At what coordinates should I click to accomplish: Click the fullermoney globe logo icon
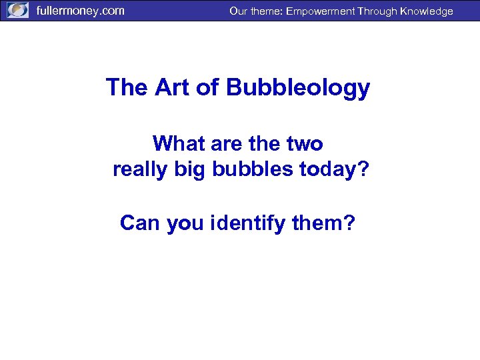[18, 11]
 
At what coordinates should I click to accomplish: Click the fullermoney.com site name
[80, 11]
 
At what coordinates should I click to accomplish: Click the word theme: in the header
[266, 11]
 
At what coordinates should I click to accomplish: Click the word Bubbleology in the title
[298, 87]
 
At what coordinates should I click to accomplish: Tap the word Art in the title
[174, 87]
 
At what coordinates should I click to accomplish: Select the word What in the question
[177, 143]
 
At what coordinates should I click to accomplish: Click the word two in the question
[305, 143]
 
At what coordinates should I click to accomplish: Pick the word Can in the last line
[140, 223]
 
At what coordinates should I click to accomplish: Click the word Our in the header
[238, 11]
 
